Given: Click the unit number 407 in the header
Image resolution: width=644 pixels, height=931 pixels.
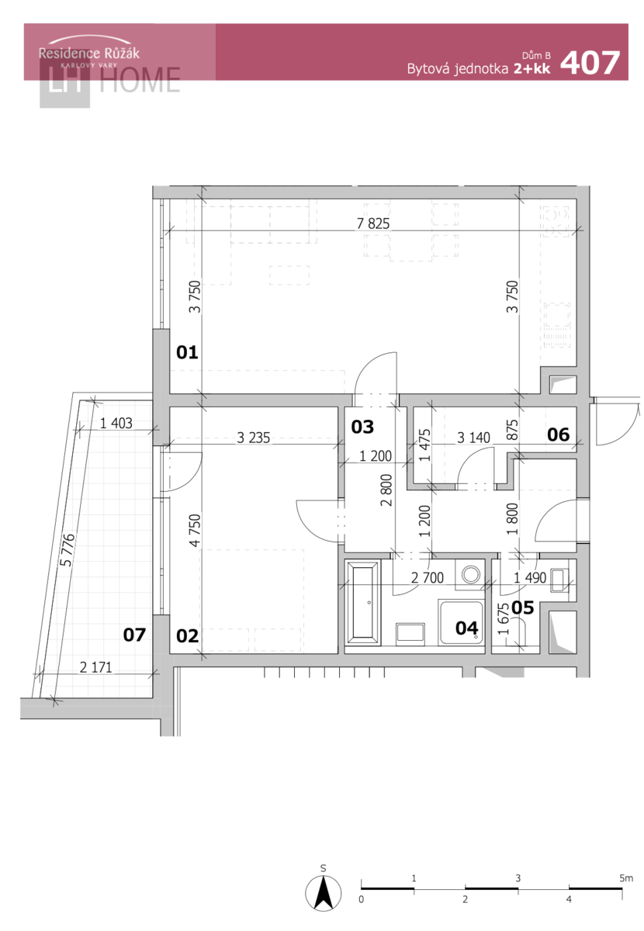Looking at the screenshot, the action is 589,63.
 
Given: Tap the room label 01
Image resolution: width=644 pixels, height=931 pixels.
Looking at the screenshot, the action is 187,352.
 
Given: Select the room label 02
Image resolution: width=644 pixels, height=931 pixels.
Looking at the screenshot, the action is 187,636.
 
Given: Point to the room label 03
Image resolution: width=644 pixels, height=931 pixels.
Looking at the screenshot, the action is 362,427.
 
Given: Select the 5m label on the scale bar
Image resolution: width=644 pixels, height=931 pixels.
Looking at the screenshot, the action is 625,878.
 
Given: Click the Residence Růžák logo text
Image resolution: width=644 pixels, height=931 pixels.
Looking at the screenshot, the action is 89,54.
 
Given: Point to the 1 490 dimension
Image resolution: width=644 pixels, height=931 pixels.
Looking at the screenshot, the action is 530,578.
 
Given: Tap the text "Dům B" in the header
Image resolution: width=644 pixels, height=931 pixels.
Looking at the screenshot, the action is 536,56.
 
